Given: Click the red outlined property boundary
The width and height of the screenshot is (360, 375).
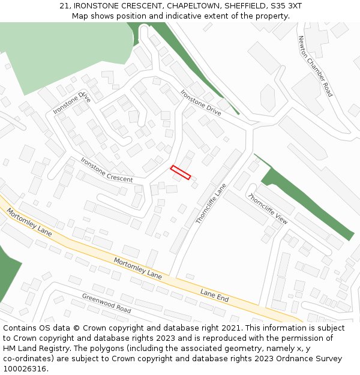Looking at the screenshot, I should coord(181,172).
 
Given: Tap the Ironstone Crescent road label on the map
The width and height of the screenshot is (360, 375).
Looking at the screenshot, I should coord(107,170).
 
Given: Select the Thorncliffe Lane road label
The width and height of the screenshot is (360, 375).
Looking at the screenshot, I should coord(211,204).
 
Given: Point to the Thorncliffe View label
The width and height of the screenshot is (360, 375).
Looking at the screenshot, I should coord(268,209).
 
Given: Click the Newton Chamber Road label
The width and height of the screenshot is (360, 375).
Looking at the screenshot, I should coord(315,66).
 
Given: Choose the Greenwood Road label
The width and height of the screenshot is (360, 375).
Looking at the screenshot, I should coord(107,304).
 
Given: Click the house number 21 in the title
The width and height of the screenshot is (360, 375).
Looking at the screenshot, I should coord(65,6).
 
